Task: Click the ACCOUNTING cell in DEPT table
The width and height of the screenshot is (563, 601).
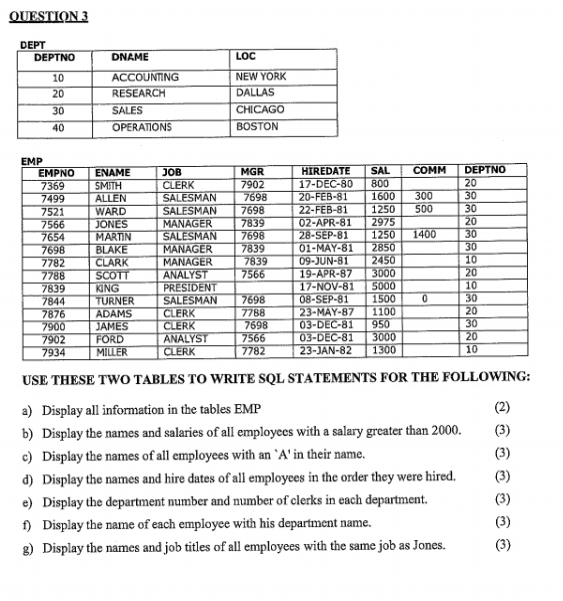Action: tap(144, 77)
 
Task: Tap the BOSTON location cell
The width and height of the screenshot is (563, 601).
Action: tap(256, 127)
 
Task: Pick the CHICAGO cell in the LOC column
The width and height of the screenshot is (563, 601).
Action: tap(260, 110)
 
